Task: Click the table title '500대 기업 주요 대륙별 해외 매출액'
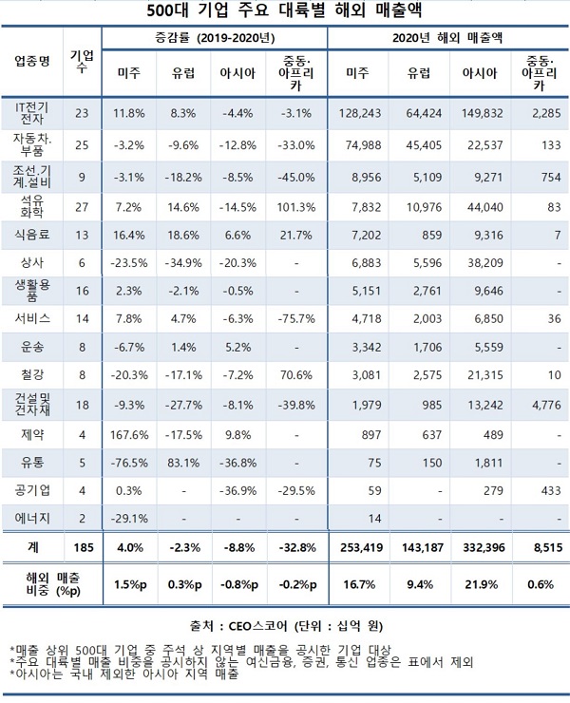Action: point(285,11)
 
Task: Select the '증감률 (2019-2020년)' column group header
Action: point(215,38)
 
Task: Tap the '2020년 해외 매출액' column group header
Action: point(447,38)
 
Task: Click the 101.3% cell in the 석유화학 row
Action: point(297,206)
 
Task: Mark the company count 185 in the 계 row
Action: point(81,546)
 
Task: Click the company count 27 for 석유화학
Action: point(81,206)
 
